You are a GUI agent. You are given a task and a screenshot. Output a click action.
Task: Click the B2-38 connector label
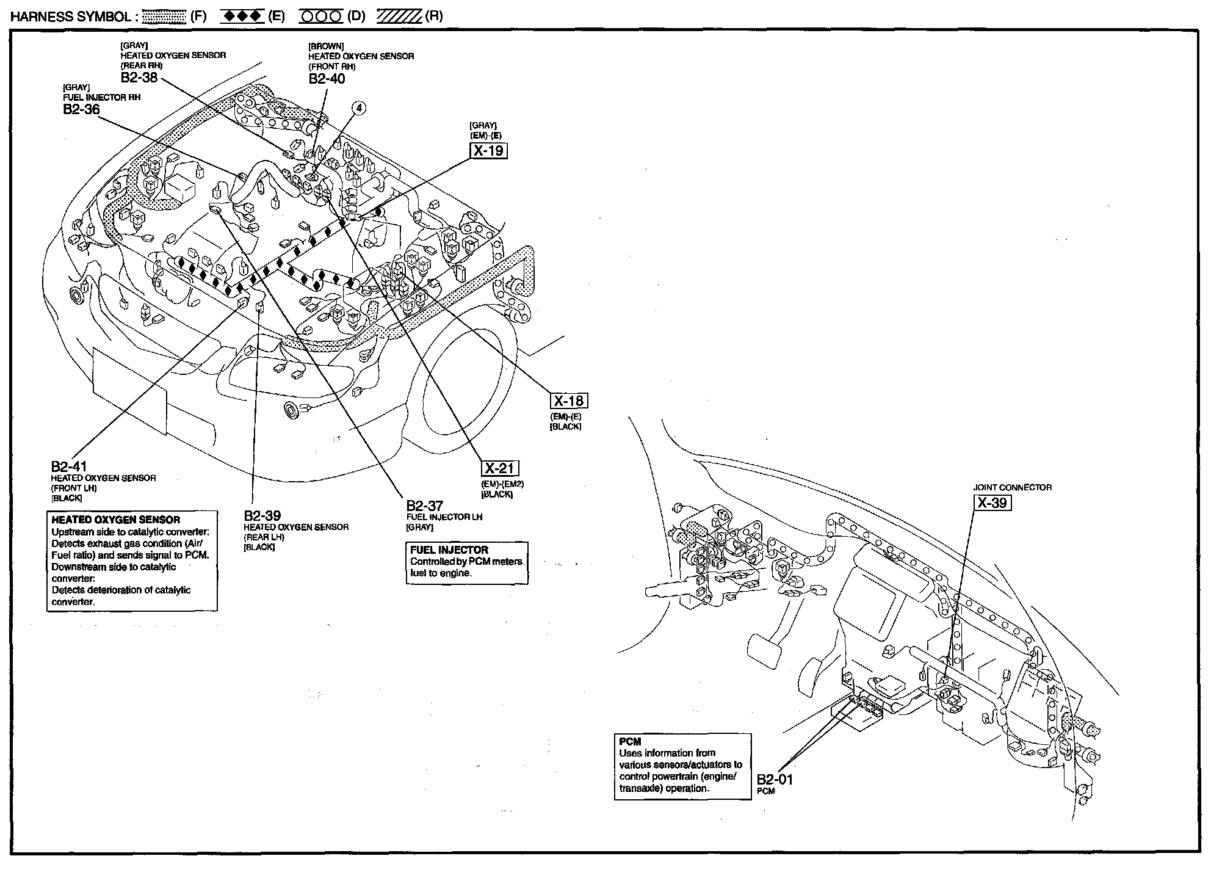pyautogui.click(x=139, y=78)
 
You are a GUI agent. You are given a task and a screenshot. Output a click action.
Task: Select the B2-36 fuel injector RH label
pyautogui.click(x=81, y=109)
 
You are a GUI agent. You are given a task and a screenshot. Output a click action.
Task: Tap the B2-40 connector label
pyautogui.click(x=327, y=79)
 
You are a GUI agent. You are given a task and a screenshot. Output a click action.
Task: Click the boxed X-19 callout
pyautogui.click(x=488, y=150)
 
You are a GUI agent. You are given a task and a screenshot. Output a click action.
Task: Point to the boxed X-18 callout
pyautogui.click(x=569, y=401)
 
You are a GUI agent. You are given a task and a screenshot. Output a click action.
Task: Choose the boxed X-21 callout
pyautogui.click(x=500, y=468)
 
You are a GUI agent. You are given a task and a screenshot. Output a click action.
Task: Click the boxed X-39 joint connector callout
pyautogui.click(x=991, y=503)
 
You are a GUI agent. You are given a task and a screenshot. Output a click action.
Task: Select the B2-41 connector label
pyautogui.click(x=69, y=467)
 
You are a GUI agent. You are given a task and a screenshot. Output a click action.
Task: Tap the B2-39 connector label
pyautogui.click(x=262, y=516)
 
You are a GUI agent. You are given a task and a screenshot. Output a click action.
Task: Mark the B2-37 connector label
pyautogui.click(x=425, y=506)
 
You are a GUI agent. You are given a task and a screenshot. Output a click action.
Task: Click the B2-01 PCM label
pyautogui.click(x=775, y=780)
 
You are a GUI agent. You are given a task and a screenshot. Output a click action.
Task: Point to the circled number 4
pyautogui.click(x=360, y=108)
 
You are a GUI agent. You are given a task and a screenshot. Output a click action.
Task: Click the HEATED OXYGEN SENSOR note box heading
pyautogui.click(x=115, y=520)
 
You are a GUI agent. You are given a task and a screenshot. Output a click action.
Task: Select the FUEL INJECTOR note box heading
pyautogui.click(x=449, y=550)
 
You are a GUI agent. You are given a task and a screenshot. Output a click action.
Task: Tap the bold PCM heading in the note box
pyautogui.click(x=631, y=742)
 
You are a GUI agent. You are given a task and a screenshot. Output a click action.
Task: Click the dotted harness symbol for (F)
pyautogui.click(x=164, y=16)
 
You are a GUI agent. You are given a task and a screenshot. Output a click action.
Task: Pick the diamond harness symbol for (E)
pyautogui.click(x=242, y=16)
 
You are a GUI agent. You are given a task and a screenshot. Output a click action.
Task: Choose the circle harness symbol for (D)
pyautogui.click(x=321, y=16)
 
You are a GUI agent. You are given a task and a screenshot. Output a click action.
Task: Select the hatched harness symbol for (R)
pyautogui.click(x=399, y=16)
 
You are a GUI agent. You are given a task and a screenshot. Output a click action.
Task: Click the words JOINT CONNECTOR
pyautogui.click(x=1013, y=487)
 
